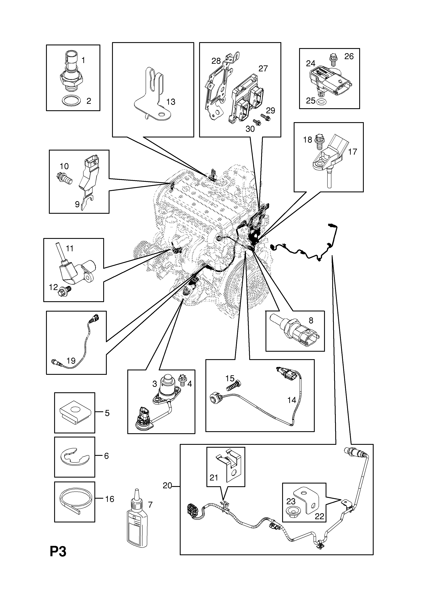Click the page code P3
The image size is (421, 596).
[x=58, y=559]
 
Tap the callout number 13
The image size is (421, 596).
[x=171, y=102]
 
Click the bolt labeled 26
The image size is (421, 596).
[x=333, y=59]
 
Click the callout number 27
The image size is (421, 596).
[x=263, y=68]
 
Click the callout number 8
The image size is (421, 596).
[x=311, y=321]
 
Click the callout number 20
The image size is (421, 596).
[x=167, y=486]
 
